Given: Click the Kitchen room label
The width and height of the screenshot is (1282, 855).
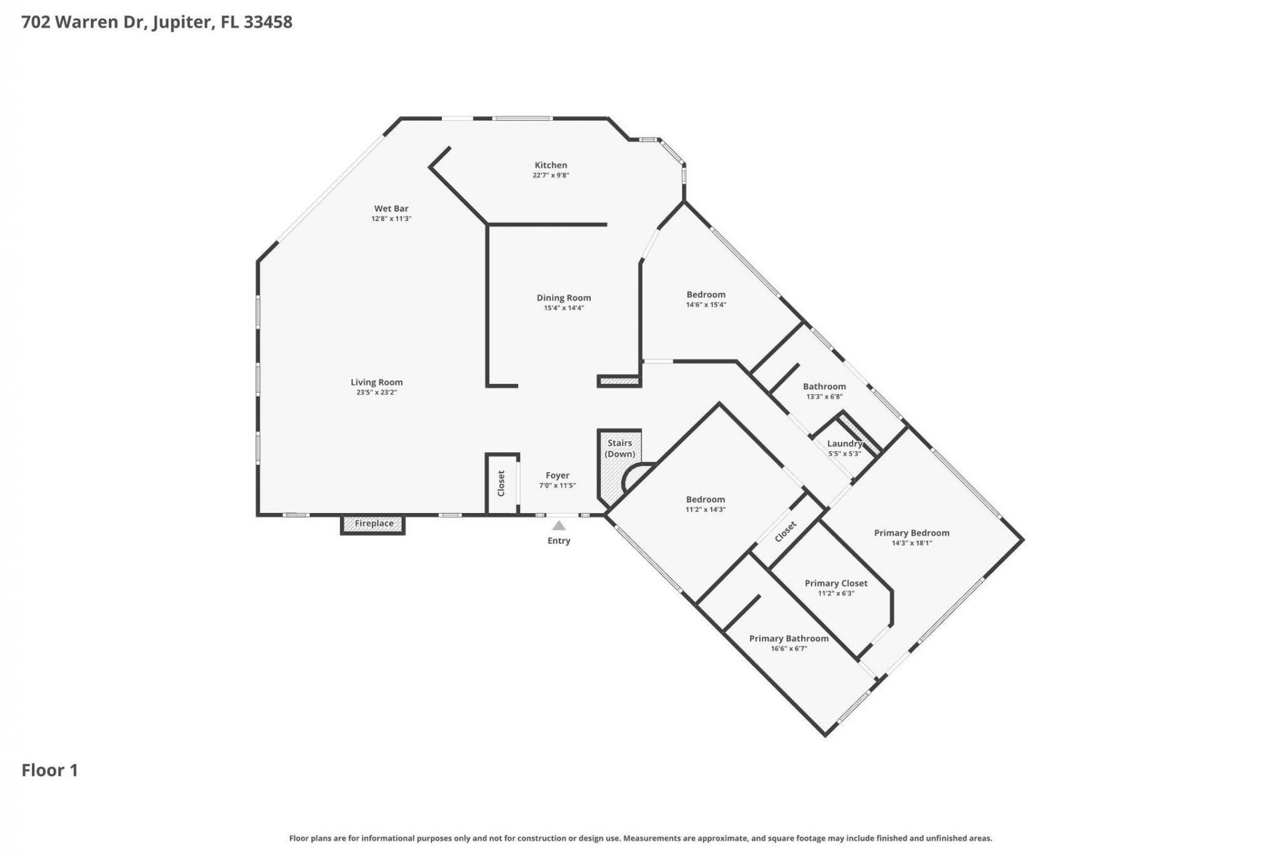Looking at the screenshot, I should (550, 165).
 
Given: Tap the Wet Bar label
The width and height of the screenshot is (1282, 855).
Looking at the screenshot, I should (391, 208).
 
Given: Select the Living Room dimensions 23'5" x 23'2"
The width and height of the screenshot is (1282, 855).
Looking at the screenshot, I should (377, 393).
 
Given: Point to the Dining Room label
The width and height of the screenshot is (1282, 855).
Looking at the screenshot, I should (564, 298).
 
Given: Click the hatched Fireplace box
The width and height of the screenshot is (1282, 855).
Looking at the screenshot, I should (373, 524).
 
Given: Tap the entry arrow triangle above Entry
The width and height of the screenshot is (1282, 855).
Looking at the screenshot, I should (559, 526).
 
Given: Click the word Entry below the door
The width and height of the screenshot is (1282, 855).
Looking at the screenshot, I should (559, 541).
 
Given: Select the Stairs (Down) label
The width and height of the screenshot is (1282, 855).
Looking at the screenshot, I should (620, 448).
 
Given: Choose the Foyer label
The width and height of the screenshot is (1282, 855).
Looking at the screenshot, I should (557, 476).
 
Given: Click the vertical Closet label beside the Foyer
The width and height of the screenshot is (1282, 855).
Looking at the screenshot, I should (501, 483).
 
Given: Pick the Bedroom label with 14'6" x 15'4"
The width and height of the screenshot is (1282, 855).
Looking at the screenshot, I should (706, 295).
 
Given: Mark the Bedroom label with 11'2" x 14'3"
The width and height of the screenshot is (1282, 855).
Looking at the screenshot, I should (705, 500).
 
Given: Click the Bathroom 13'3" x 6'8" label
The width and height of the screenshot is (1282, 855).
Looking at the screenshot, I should (824, 387).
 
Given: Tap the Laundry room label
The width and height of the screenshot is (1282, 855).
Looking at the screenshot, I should (844, 444).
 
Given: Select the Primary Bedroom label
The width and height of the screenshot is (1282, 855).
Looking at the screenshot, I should (911, 533).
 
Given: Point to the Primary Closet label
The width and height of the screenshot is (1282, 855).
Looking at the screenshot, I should (836, 583).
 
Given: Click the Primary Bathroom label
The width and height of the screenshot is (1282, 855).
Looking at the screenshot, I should (789, 639).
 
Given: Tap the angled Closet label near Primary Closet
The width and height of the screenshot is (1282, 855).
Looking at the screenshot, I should (785, 532).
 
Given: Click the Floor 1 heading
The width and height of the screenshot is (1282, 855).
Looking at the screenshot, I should (50, 770).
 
